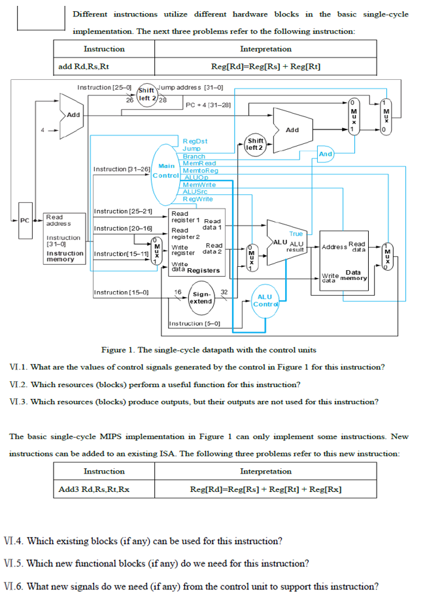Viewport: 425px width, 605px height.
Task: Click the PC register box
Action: click(25, 220)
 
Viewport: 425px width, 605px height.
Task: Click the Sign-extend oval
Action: click(201, 298)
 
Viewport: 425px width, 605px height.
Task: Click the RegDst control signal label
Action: click(195, 141)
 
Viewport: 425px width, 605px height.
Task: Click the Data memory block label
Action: click(352, 275)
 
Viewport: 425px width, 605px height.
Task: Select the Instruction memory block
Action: click(63, 238)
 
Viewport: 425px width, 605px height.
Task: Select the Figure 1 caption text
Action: click(208, 349)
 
